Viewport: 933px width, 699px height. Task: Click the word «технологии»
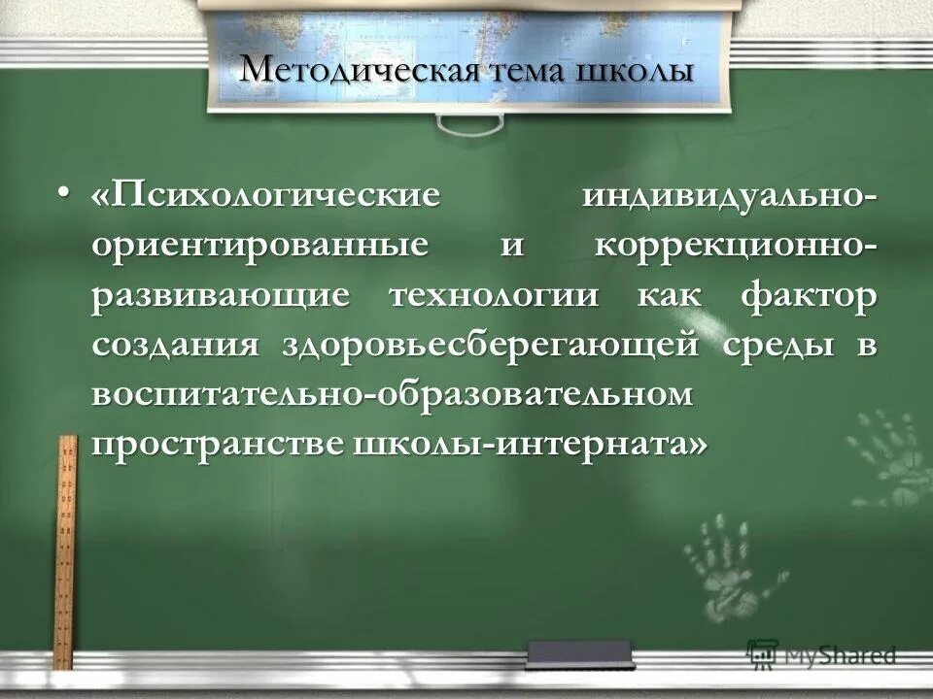pos(495,295)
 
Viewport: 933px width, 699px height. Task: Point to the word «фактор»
pos(808,295)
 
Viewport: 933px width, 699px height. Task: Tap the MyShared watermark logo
pos(821,653)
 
